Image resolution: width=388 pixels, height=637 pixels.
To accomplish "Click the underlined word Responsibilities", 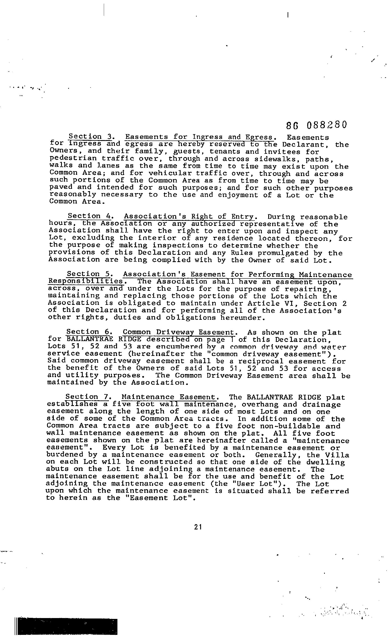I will point(86,281).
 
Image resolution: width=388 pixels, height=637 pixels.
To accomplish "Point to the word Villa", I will point(337,455).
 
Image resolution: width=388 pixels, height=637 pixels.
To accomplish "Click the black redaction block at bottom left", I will point(67,626).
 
